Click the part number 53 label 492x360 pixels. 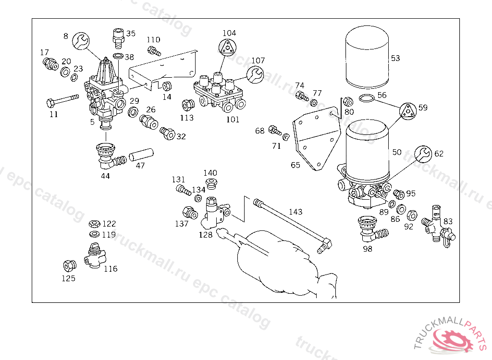click(x=395, y=58)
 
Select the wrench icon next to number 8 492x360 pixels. click(x=81, y=41)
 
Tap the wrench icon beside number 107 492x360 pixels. click(x=255, y=74)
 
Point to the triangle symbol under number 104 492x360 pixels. click(x=227, y=48)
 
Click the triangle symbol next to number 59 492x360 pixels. click(x=408, y=111)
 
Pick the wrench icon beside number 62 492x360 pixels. click(x=423, y=154)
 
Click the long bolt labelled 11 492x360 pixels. click(x=62, y=100)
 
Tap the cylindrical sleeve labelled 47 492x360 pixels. click(x=141, y=155)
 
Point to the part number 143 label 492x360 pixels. click(x=295, y=212)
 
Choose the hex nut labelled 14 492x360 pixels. click(x=167, y=86)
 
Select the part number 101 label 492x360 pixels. click(x=233, y=120)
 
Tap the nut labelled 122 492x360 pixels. click(x=95, y=224)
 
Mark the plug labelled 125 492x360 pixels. click(x=69, y=266)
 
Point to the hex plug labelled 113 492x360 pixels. click(x=188, y=105)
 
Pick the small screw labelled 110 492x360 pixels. click(x=154, y=51)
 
